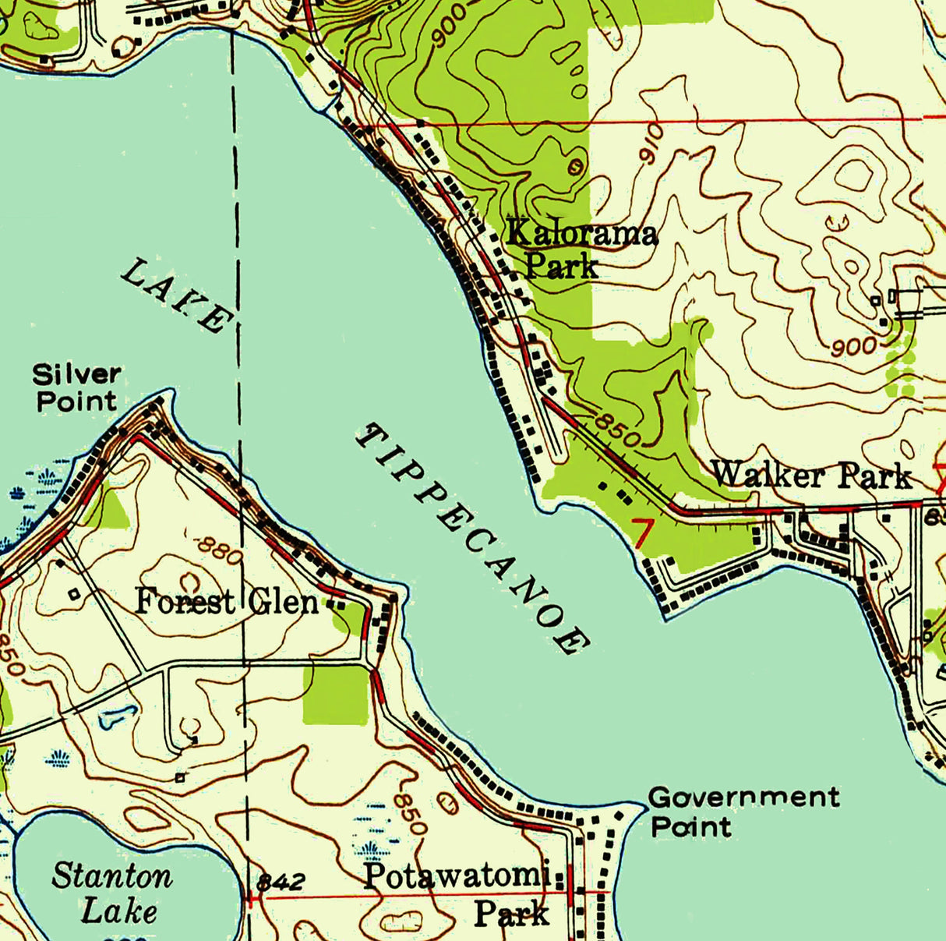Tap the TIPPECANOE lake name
click(472, 539)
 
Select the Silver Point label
click(76, 387)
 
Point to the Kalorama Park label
click(580, 249)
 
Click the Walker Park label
click(810, 475)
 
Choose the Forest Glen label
click(227, 603)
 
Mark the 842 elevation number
click(280, 882)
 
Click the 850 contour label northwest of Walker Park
click(617, 427)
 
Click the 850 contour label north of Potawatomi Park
click(409, 813)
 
